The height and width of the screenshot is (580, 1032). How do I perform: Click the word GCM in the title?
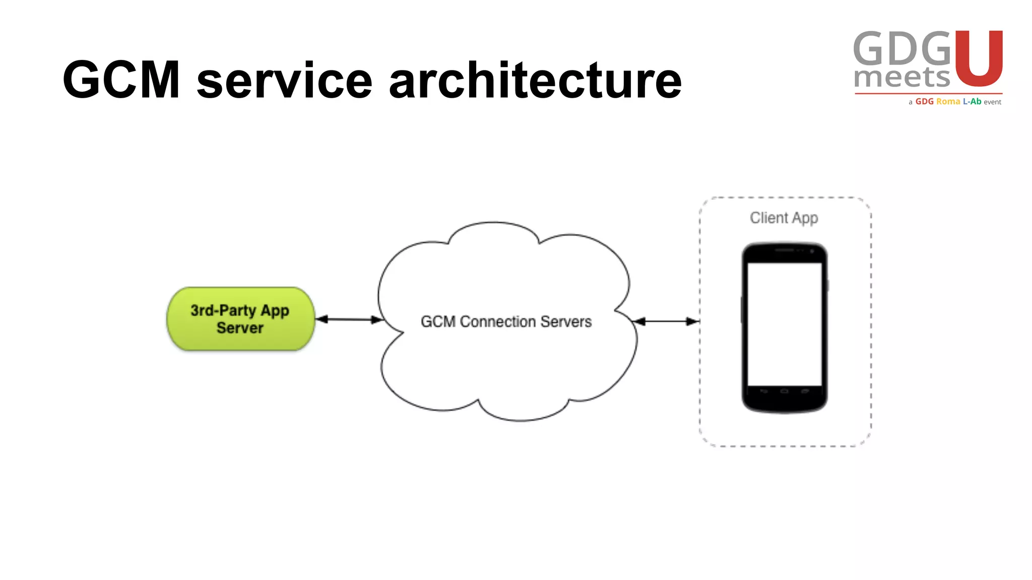pos(121,80)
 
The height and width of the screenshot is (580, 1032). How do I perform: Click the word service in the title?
pos(285,81)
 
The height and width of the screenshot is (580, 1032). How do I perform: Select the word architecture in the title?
pos(535,81)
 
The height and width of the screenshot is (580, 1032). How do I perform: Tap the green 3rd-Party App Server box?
pos(240,319)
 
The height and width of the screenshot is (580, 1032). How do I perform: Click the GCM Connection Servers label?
pos(506,321)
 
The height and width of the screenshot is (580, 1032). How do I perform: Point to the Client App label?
pos(784,217)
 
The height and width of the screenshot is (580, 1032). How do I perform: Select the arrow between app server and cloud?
pos(349,319)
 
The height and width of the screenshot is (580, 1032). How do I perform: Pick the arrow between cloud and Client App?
pos(666,321)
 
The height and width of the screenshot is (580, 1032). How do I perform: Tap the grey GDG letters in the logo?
pos(902,48)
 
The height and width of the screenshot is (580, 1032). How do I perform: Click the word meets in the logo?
pos(901,78)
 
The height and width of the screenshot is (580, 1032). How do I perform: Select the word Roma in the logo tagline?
pos(948,102)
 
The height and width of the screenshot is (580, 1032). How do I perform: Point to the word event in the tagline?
pos(992,102)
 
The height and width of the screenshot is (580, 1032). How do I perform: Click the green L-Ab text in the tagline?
pos(972,102)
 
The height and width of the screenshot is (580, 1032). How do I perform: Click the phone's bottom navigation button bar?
pos(784,391)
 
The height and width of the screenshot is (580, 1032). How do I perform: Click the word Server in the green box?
pos(240,328)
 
